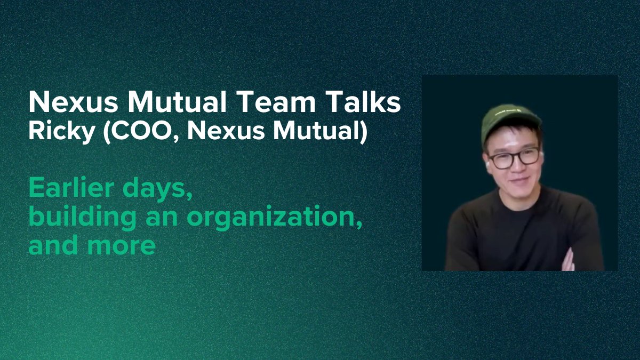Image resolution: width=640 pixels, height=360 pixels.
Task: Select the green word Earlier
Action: [71, 188]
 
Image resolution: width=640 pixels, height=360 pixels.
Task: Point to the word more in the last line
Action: [126, 246]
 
